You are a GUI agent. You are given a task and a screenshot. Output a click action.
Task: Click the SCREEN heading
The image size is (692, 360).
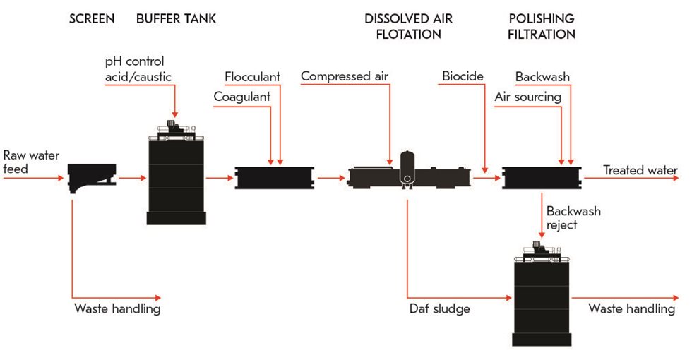click(91, 19)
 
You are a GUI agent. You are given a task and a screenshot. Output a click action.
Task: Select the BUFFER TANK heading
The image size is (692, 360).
click(176, 19)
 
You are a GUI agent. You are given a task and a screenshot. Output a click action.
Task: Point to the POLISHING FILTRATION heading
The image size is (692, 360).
click(542, 26)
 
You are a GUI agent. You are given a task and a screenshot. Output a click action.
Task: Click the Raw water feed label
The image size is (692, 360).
click(31, 162)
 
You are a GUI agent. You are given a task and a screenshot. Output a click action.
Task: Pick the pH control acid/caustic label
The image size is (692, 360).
click(137, 69)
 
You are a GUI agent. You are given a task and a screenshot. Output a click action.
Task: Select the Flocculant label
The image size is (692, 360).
click(252, 76)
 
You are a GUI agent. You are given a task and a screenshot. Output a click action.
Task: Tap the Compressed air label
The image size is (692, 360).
click(344, 76)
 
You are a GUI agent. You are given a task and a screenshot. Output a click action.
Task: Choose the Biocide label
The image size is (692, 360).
click(463, 76)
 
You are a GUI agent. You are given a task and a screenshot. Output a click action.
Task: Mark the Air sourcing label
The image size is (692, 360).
click(527, 97)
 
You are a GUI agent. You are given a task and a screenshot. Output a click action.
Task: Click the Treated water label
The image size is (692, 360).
click(640, 170)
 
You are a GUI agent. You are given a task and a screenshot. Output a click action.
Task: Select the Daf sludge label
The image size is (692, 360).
click(439, 308)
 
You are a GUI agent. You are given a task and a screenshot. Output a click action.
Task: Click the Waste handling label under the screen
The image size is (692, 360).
click(117, 308)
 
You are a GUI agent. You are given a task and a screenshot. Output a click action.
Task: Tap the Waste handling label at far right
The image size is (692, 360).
click(631, 308)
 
